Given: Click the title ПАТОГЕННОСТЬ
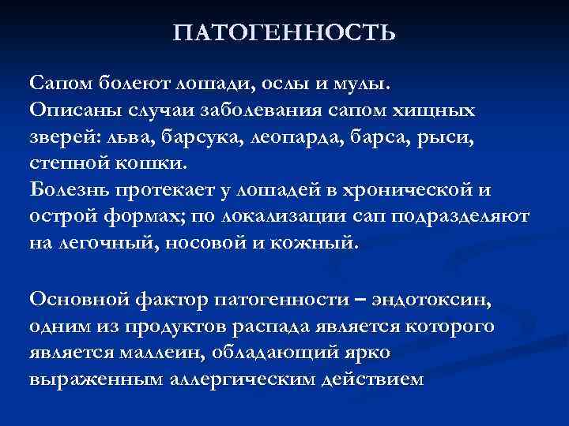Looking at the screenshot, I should pyautogui.click(x=284, y=33).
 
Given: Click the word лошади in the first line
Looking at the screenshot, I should pyautogui.click(x=208, y=83).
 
